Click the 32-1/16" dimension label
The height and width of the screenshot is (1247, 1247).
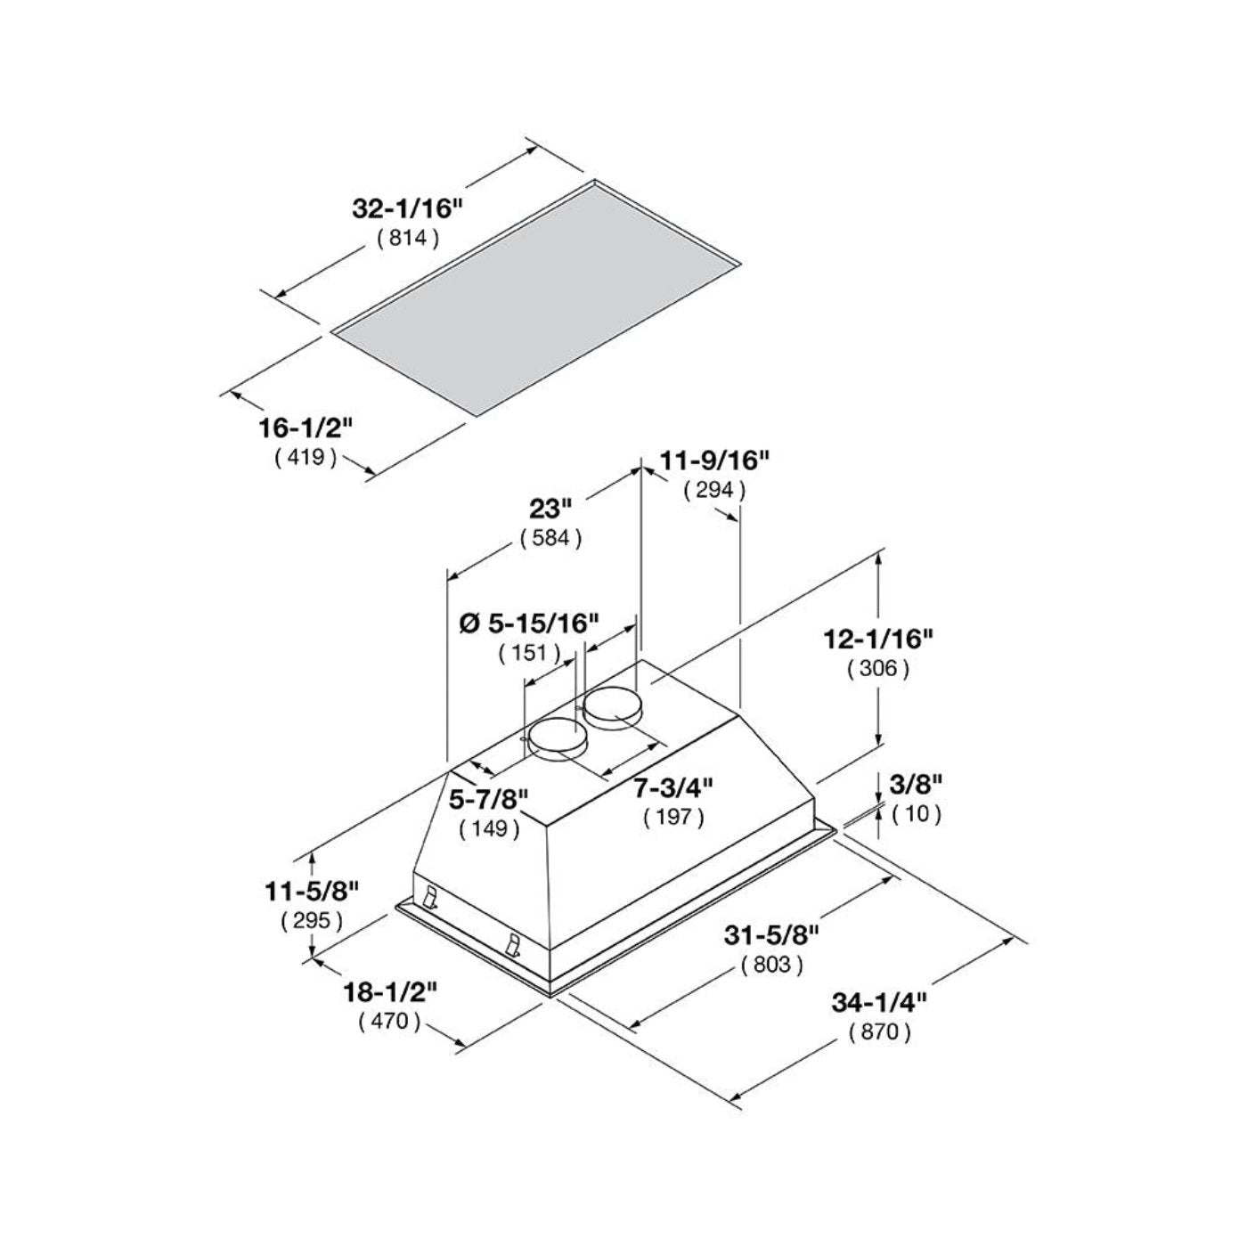tap(409, 209)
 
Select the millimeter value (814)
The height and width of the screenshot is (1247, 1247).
tap(409, 238)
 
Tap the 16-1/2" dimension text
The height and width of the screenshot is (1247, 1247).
tap(306, 428)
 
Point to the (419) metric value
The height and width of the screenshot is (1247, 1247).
tap(306, 457)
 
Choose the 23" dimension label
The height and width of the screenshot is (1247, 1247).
tap(550, 509)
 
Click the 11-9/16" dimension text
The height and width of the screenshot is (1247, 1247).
tap(714, 460)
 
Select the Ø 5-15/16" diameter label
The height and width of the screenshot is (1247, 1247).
tap(529, 623)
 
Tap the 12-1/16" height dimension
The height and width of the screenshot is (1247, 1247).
tap(879, 639)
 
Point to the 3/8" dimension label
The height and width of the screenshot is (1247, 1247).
tap(916, 784)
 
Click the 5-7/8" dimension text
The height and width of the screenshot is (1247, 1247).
tap(489, 799)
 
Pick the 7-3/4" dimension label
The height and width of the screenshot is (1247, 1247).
tap(673, 787)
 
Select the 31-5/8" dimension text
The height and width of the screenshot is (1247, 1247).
tap(771, 934)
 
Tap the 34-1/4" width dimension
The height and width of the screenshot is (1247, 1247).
tap(880, 1002)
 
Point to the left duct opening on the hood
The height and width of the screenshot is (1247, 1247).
tap(558, 738)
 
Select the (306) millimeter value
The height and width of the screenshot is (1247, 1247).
tap(879, 668)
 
